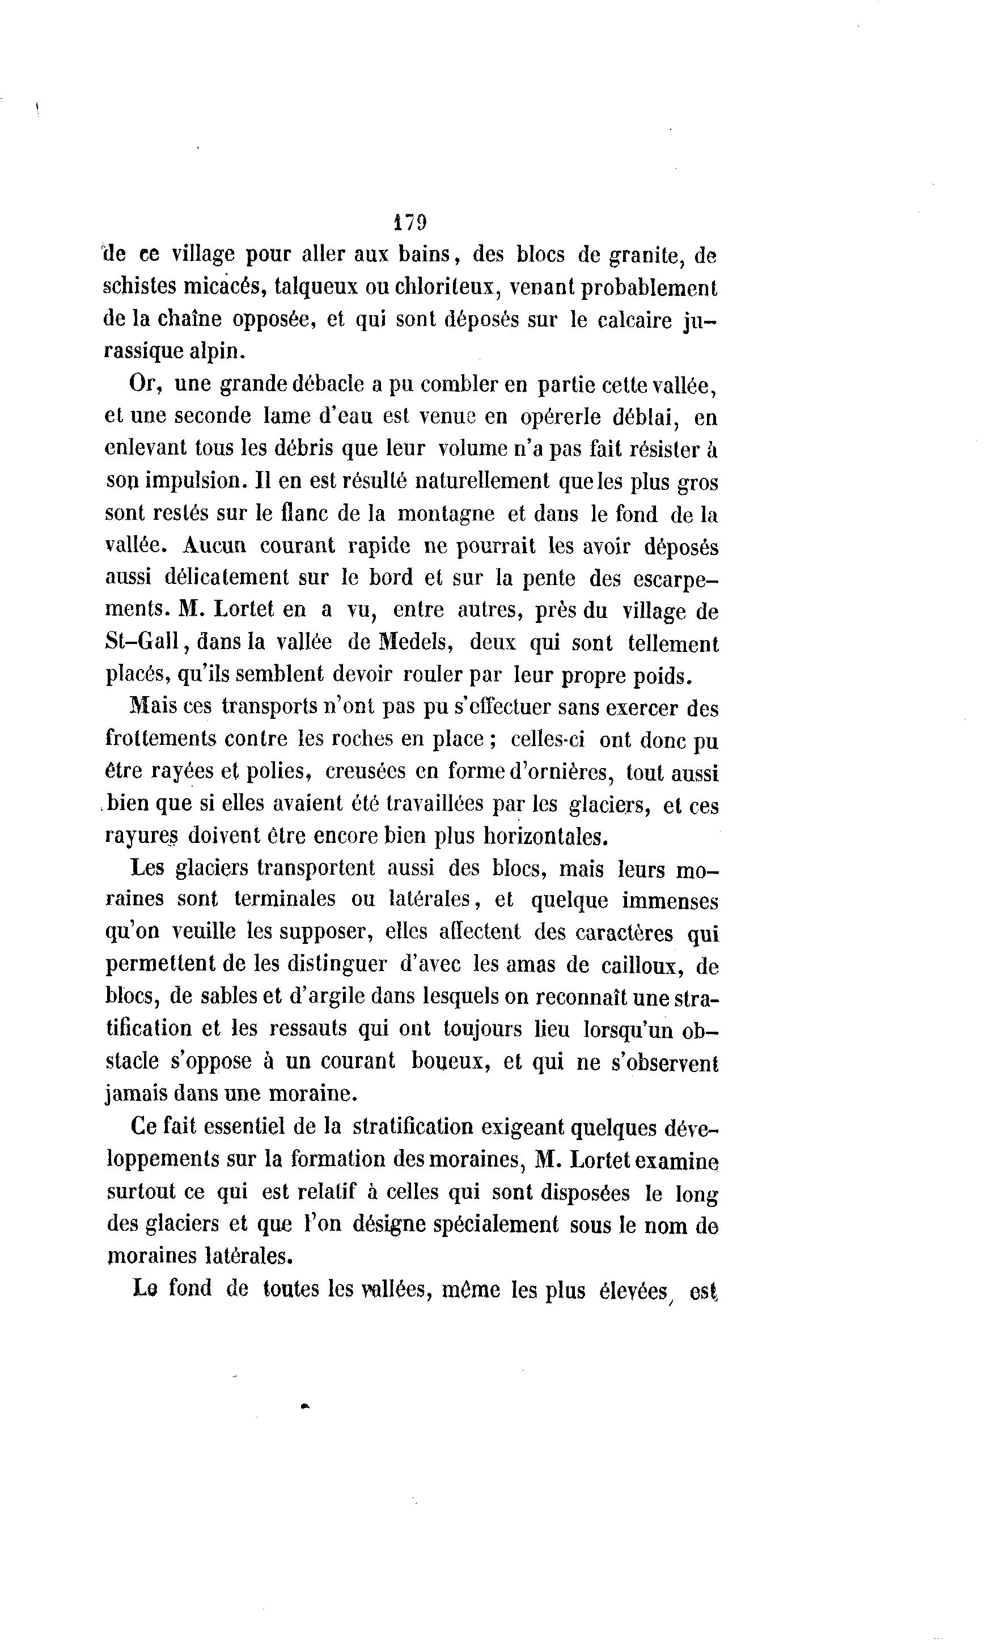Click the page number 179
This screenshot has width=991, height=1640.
tap(409, 222)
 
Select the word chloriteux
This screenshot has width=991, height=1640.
tap(452, 287)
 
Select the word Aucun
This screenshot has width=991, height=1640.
tap(213, 545)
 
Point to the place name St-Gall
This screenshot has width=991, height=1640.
tap(142, 642)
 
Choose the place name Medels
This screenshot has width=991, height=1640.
tap(416, 642)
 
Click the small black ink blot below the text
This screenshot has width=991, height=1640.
tap(306, 1406)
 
